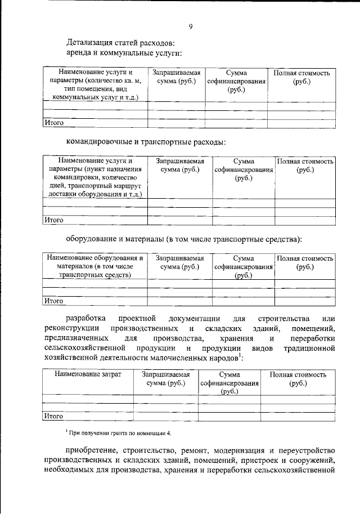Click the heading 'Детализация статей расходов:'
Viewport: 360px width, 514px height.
tap(120, 42)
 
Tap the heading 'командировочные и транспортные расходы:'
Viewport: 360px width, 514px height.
tap(146, 141)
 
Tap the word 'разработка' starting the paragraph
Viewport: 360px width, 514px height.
tap(85, 319)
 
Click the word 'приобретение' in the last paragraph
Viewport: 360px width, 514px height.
tap(90, 452)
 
